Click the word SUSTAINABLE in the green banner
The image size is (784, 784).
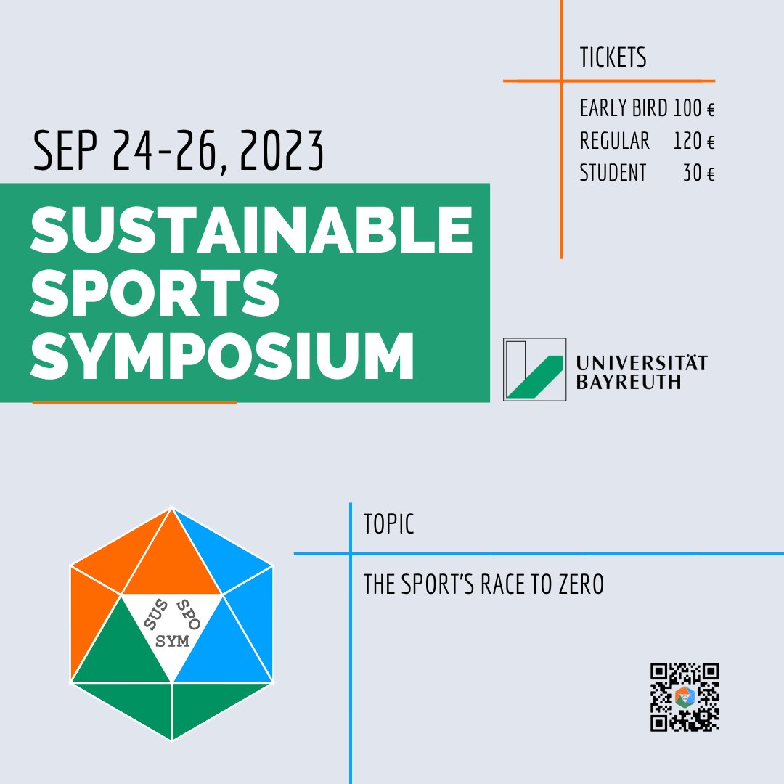coord(251,230)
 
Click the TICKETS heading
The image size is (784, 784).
coord(613,58)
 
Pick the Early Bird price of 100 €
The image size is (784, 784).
coord(694,109)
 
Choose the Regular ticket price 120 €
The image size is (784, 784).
coord(694,141)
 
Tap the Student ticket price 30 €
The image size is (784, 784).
coord(698,173)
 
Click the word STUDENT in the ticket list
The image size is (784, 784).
coord(613,173)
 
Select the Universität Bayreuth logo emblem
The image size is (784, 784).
coord(534,369)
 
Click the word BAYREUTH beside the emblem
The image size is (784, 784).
coord(629,382)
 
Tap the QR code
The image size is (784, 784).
coord(685,697)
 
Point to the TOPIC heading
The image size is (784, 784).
coord(389,525)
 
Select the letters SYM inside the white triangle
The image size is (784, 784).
coord(172,641)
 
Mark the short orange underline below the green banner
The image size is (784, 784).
coord(134,402)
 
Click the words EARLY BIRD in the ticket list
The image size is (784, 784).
coord(623,109)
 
